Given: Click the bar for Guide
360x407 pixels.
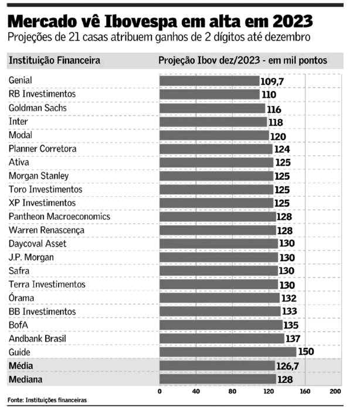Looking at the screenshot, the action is pyautogui.click(x=227, y=352).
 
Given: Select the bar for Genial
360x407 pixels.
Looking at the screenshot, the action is pyautogui.click(x=209, y=81).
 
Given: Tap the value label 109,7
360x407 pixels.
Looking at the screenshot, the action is pyautogui.click(x=272, y=81).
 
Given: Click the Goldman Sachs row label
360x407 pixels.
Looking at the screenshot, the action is pyautogui.click(x=38, y=108).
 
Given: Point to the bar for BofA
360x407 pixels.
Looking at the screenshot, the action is pyautogui.click(x=221, y=325).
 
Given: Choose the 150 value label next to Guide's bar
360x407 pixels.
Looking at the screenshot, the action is pyautogui.click(x=306, y=351).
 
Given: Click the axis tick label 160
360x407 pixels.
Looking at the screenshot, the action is pyautogui.click(x=305, y=391).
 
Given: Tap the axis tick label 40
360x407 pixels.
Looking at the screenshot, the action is pyautogui.click(x=196, y=391).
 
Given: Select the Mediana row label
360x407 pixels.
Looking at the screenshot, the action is pyautogui.click(x=25, y=379).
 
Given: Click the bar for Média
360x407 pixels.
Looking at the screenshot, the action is pyautogui.click(x=217, y=365).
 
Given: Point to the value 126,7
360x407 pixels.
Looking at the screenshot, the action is pyautogui.click(x=288, y=366).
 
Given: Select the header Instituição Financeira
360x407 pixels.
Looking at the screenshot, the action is pyautogui.click(x=55, y=60).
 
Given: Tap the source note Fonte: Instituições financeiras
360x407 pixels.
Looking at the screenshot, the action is pyautogui.click(x=47, y=400).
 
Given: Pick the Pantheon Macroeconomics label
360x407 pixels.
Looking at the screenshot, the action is pyautogui.click(x=59, y=216).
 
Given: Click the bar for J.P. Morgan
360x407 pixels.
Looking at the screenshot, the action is pyautogui.click(x=219, y=257).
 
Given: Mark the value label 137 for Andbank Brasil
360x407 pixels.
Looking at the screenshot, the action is pyautogui.click(x=293, y=338).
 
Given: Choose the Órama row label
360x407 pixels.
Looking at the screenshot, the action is pyautogui.click(x=21, y=297).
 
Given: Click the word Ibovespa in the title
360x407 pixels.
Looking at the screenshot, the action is pyautogui.click(x=141, y=22).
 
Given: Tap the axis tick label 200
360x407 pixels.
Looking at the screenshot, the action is pyautogui.click(x=335, y=391).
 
